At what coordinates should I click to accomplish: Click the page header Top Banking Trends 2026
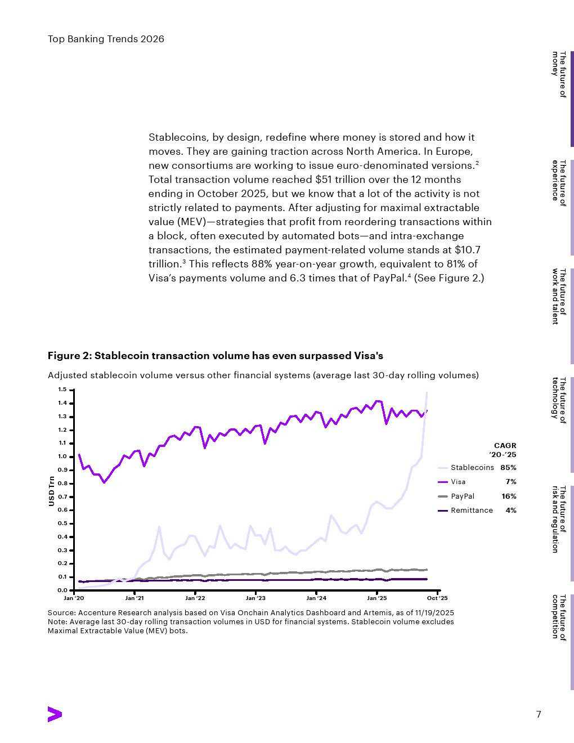[106, 39]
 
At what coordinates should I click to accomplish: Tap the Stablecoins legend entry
[472, 468]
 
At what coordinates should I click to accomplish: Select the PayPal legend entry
[462, 496]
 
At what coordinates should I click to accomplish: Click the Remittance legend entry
[471, 511]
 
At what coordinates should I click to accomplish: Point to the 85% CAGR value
[508, 468]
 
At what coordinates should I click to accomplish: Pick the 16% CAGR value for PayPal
[509, 496]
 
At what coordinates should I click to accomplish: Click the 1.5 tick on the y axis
[62, 390]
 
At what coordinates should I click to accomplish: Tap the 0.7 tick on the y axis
[62, 497]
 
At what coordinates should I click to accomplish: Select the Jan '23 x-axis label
[255, 598]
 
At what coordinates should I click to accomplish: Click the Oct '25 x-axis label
[437, 598]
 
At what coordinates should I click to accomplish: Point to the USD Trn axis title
[52, 491]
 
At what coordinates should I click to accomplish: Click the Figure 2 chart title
[215, 356]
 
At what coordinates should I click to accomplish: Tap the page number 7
[539, 714]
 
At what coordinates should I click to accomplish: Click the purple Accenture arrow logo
[55, 714]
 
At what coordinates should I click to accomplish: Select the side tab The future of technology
[559, 400]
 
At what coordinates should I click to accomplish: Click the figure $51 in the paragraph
[324, 180]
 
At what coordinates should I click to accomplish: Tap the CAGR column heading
[505, 446]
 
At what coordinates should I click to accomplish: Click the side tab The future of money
[559, 74]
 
